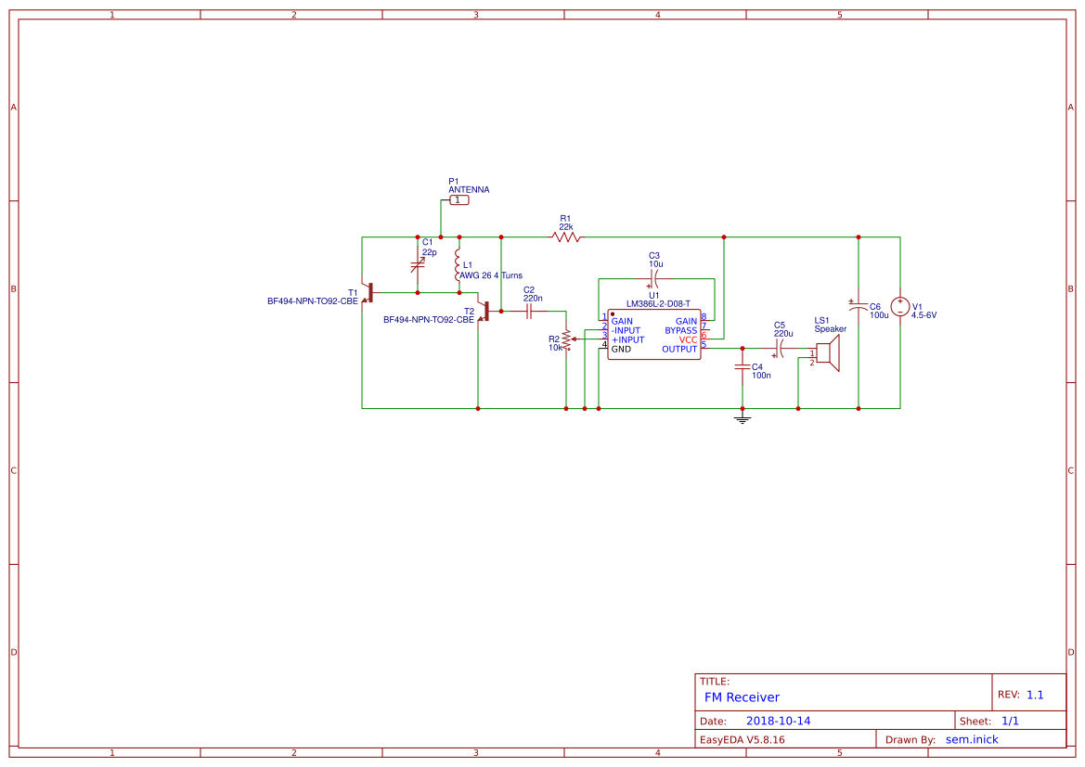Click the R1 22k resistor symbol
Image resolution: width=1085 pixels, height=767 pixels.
566,237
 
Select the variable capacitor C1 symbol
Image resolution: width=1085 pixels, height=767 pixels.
418,265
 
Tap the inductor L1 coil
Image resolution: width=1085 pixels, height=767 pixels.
459,267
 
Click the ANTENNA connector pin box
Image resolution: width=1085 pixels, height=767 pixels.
459,200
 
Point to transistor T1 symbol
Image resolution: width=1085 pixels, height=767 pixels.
368,292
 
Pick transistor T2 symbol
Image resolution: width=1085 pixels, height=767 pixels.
484,313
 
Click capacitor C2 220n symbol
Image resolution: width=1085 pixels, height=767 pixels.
529,313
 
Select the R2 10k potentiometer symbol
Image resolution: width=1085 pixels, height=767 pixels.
566,340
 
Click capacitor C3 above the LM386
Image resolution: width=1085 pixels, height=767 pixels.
654,277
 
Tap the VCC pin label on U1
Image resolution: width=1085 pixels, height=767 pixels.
687,339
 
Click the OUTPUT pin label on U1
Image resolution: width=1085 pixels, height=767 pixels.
679,350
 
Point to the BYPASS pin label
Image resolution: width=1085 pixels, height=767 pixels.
680,330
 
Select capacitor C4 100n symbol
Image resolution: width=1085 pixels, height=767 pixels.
742,367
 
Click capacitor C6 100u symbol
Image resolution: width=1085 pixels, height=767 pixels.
858,305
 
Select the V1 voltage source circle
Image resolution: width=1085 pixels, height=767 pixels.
899,307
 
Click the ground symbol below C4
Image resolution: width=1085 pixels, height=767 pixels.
742,418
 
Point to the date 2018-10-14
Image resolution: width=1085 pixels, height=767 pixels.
778,721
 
